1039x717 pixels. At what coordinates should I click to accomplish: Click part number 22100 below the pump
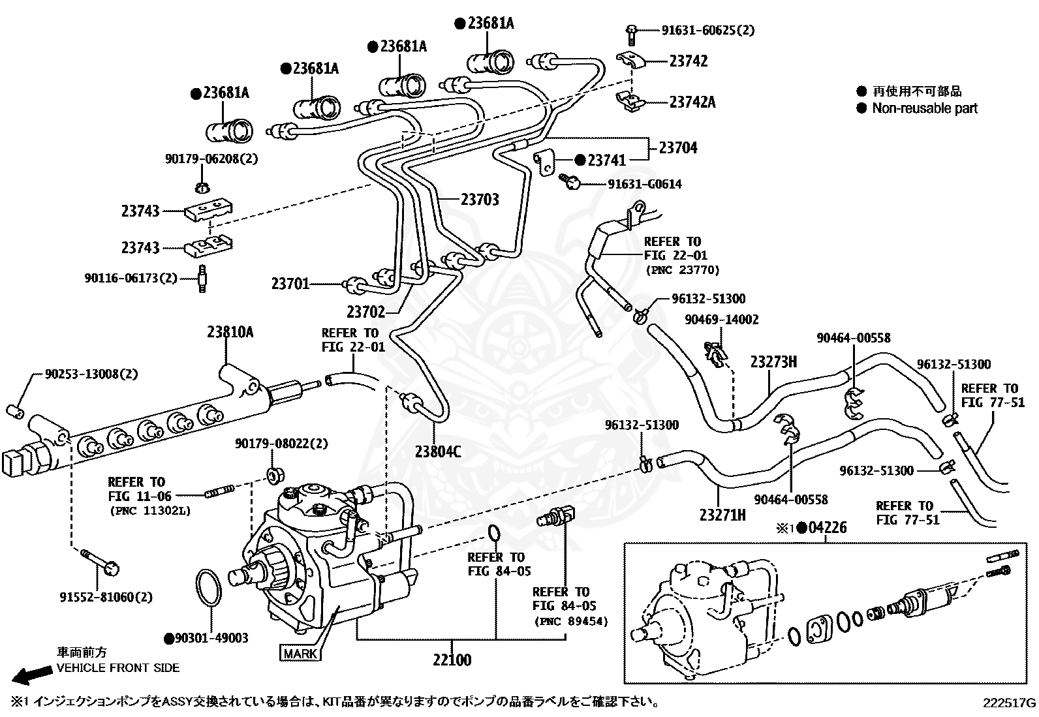point(452,660)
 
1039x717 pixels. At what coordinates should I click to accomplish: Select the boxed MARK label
point(300,654)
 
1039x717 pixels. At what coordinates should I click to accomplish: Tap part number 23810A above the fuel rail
point(230,332)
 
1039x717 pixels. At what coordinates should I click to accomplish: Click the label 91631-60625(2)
point(708,30)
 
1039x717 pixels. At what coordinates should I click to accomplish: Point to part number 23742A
point(692,102)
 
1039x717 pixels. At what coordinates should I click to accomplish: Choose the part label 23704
point(678,147)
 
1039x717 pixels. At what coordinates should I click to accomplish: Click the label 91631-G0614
point(645,184)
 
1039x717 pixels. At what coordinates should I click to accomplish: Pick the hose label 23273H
point(773,361)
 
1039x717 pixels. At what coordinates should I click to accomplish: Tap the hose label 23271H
point(722,515)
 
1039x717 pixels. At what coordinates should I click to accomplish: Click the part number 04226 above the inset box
point(827,527)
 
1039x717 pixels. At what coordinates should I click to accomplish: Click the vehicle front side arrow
point(31,675)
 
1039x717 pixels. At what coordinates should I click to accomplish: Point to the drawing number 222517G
point(1009,703)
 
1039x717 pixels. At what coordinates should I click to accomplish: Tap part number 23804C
point(438,451)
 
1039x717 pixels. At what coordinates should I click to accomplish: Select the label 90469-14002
point(722,320)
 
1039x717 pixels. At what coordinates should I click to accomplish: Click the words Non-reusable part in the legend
point(925,108)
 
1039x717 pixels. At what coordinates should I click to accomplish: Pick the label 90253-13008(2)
point(91,374)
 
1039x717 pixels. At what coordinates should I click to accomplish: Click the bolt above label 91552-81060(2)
point(100,561)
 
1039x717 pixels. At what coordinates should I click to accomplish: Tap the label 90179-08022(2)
point(281,444)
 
